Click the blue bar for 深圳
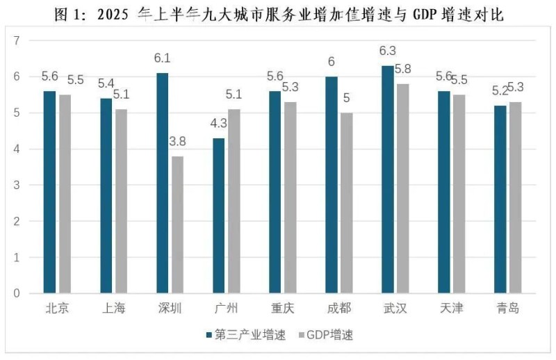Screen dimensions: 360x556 point(162,183)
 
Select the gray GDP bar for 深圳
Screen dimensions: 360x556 point(178,224)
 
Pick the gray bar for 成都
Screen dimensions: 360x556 point(347,203)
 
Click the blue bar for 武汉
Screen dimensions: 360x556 point(388,179)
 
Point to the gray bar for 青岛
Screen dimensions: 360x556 point(516,197)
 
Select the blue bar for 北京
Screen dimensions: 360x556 point(49,192)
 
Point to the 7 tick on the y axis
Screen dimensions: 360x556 point(16,40)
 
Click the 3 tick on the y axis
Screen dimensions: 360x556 point(16,185)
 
